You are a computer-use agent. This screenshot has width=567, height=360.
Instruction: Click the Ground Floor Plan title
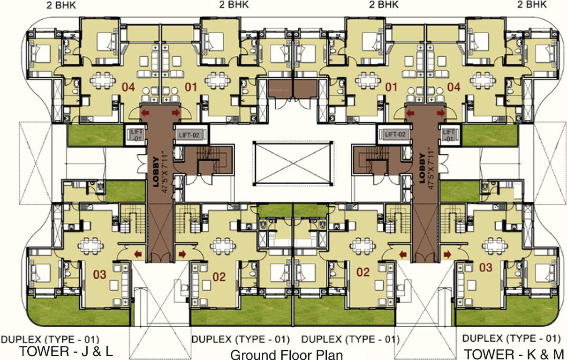coord(287,354)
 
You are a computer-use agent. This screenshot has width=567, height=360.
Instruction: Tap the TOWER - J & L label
coord(66,352)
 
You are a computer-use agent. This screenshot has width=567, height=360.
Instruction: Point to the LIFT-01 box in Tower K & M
coord(449,135)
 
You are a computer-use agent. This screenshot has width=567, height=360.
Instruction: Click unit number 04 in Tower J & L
coord(129,87)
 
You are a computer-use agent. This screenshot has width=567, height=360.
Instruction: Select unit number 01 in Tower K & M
coord(391,87)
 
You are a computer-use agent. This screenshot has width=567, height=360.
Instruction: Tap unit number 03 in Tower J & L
coord(100,274)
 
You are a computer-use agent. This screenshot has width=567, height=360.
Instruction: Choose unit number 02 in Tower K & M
coord(363,272)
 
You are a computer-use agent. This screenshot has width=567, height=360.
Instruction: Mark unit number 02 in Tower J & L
coord(219,276)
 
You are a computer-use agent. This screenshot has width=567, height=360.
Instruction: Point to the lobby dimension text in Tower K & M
coord(431,169)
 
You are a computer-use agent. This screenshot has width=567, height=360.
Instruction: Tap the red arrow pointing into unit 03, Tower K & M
coord(447,254)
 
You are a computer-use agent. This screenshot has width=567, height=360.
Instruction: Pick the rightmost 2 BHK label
coord(532,5)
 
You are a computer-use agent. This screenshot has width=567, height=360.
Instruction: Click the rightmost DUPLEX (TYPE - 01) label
coord(511,338)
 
